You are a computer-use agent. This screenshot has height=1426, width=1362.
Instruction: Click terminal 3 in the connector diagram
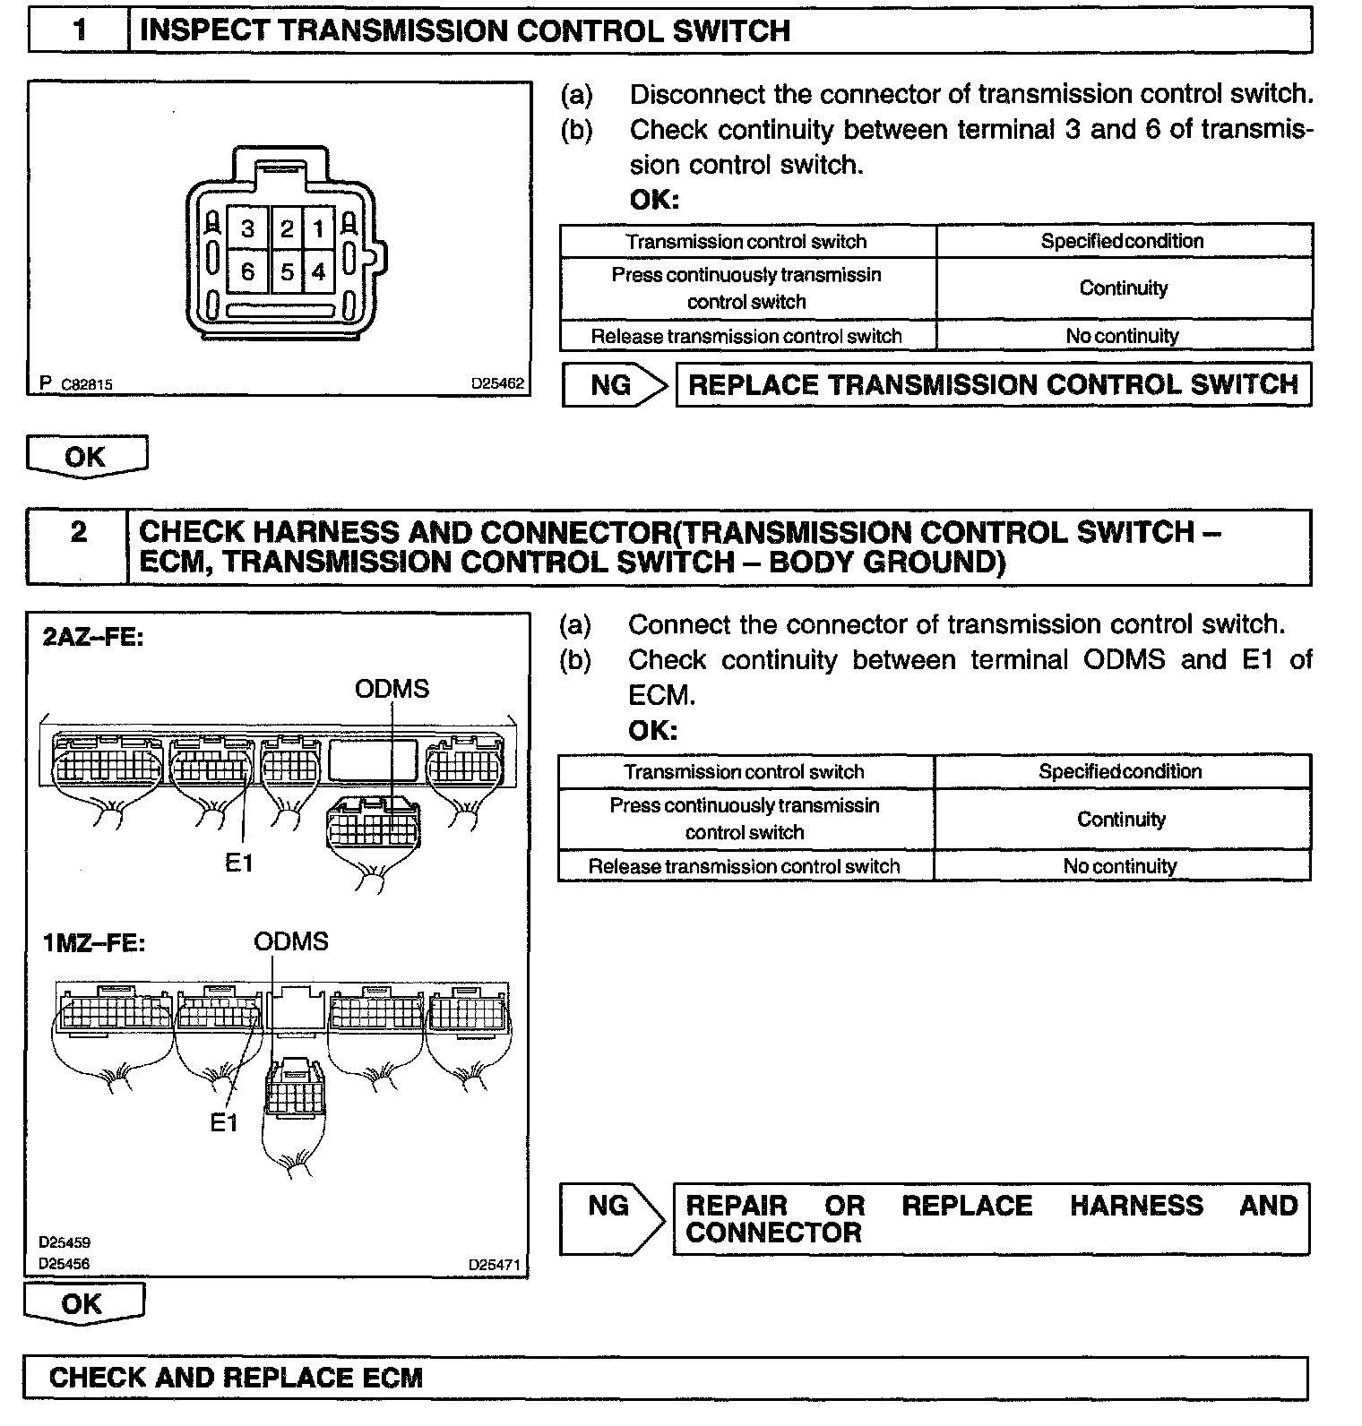[247, 229]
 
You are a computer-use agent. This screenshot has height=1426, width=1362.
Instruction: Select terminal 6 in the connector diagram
[247, 271]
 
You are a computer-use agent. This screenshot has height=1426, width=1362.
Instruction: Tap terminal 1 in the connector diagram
[318, 229]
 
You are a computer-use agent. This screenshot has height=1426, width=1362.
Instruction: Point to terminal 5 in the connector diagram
[287, 271]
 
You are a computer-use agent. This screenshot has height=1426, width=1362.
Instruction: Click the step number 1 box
[80, 31]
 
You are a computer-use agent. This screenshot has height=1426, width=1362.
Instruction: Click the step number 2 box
[79, 533]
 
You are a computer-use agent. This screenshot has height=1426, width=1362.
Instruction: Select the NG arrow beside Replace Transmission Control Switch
[614, 385]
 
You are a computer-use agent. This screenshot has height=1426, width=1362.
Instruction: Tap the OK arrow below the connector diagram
[86, 456]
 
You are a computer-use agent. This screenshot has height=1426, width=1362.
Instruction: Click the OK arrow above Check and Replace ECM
[82, 1303]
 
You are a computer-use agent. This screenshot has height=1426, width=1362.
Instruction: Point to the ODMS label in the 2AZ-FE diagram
[392, 689]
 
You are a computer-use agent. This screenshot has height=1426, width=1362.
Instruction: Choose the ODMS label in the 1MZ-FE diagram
[291, 941]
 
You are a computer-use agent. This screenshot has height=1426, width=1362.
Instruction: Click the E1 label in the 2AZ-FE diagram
[239, 863]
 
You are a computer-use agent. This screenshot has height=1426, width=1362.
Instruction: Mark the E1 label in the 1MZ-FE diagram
[223, 1122]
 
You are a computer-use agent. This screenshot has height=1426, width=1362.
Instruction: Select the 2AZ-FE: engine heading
[93, 638]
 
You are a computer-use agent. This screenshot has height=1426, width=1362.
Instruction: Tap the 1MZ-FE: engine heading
[93, 944]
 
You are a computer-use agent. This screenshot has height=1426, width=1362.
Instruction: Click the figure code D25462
[497, 384]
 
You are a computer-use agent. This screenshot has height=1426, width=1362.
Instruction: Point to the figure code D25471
[494, 1265]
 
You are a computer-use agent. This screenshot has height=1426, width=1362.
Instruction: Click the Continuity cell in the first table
[1124, 288]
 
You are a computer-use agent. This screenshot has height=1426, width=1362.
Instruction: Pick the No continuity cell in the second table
[1120, 866]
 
